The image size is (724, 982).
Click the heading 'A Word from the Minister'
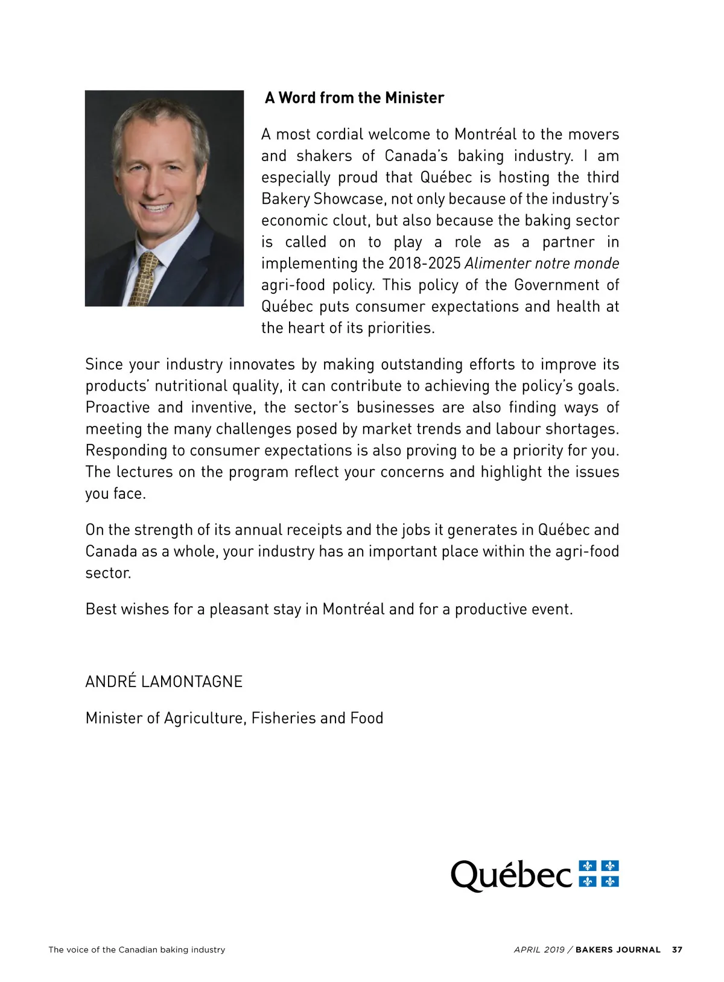point(354,98)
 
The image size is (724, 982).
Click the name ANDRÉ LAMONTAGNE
point(164,682)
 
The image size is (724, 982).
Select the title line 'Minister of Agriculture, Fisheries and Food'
point(234,718)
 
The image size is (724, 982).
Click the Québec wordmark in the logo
point(511,875)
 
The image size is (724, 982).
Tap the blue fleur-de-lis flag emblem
point(599,874)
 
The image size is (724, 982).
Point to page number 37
point(677,949)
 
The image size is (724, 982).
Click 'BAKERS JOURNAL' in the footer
point(618,949)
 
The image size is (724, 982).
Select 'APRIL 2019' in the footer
point(539,949)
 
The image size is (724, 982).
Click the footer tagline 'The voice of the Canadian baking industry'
point(137,949)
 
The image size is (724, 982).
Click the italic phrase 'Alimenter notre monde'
point(541,264)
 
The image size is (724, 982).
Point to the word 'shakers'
point(324,156)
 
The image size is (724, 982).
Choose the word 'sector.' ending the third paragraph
point(108,573)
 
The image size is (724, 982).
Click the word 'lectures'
point(144,472)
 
